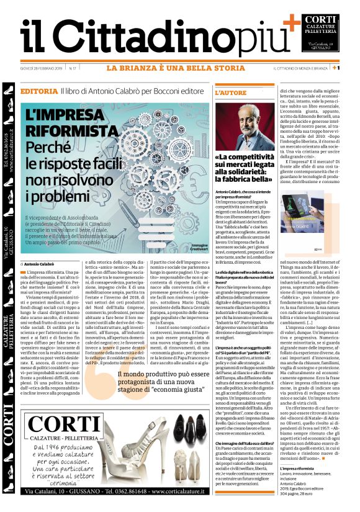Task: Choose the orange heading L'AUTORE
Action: tap(231, 92)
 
